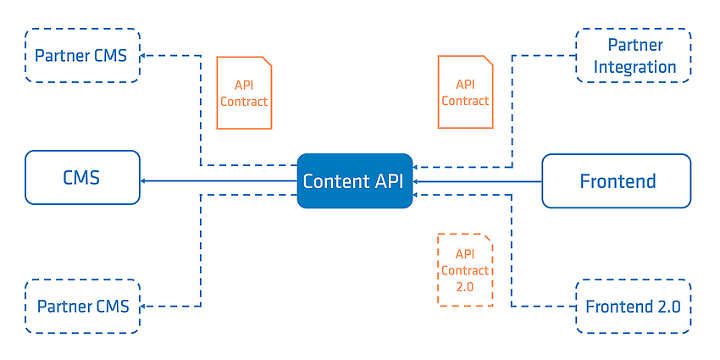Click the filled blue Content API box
354,181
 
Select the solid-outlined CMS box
82,177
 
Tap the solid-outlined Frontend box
616,181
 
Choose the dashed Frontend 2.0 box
634,307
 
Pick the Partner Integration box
634,56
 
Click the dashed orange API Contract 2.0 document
465,270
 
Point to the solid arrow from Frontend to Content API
477,182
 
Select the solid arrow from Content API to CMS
219,181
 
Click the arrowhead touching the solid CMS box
143,181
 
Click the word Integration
634,67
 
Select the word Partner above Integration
635,45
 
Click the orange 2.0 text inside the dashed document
465,287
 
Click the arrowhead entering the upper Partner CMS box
143,56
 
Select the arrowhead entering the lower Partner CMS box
143,307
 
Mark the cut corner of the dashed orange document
488,238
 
